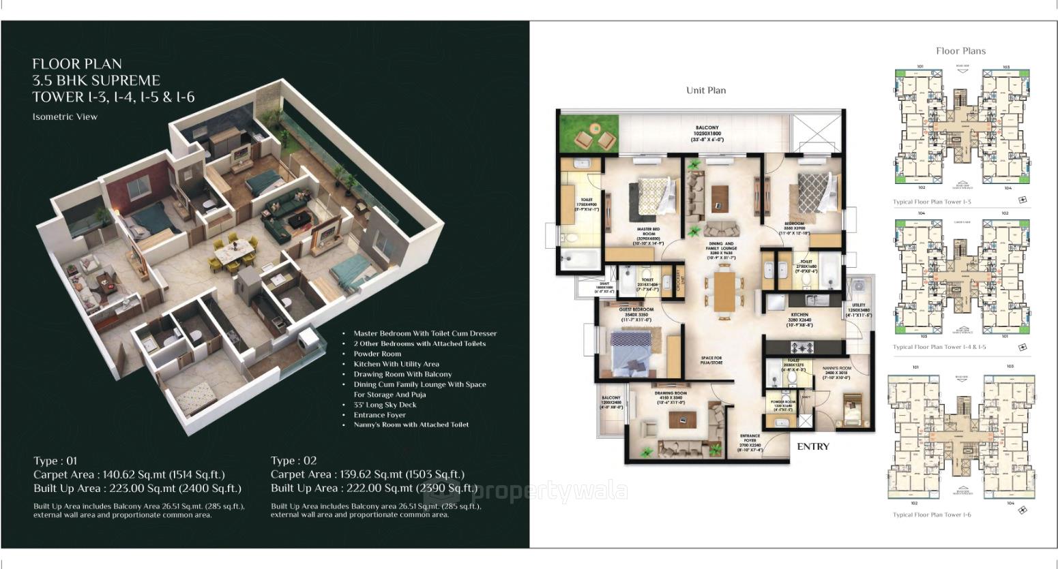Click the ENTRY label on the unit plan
[x=813, y=446]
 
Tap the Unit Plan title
[x=705, y=90]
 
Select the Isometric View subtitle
[x=65, y=117]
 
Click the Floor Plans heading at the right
[x=960, y=50]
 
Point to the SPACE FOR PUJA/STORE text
[x=711, y=361]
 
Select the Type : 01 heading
[x=55, y=461]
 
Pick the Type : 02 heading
[x=293, y=461]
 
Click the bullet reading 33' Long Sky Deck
[x=384, y=405]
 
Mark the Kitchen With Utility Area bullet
[x=396, y=364]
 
